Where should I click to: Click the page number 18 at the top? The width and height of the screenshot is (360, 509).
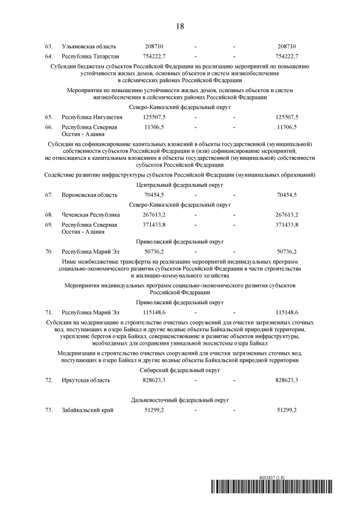[x=180, y=26]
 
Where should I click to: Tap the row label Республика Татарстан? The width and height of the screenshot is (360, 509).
[x=90, y=56]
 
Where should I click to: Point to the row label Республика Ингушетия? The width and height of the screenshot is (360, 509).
[x=91, y=116]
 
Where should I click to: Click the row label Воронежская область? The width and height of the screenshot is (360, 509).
[x=89, y=195]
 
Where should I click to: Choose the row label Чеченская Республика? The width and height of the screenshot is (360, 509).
[x=91, y=215]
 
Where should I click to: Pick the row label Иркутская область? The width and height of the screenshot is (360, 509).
[x=86, y=381]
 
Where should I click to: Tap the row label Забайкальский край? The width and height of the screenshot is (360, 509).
[x=88, y=411]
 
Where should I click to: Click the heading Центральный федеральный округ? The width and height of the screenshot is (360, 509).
[x=180, y=184]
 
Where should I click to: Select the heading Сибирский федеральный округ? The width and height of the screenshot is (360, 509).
[x=180, y=371]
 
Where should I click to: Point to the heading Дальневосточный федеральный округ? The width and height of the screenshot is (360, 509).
[x=180, y=400]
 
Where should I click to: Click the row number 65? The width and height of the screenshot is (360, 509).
[x=49, y=116]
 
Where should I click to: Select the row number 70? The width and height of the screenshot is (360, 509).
[x=49, y=251]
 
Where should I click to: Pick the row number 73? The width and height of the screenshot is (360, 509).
[x=49, y=411]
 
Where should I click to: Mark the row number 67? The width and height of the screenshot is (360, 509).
[x=49, y=195]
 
